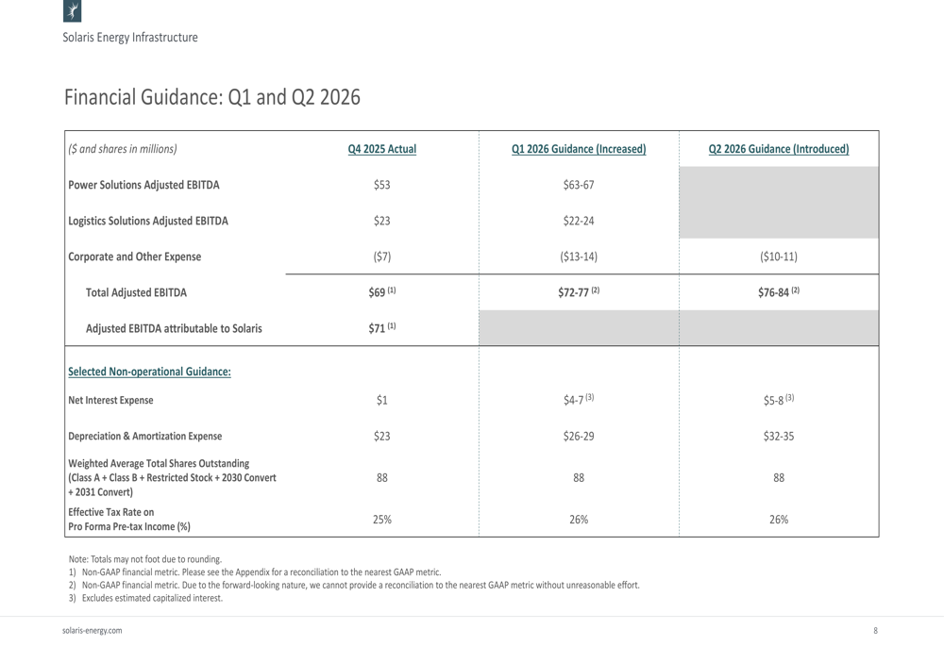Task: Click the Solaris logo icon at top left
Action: [x=73, y=10]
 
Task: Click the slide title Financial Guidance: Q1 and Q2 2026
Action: [x=212, y=97]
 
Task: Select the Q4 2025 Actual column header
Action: [x=381, y=149]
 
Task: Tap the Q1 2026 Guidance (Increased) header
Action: [x=579, y=149]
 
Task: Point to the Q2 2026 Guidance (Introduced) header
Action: [x=779, y=149]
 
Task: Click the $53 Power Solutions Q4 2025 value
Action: [x=381, y=185]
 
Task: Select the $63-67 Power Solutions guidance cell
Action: [x=579, y=185]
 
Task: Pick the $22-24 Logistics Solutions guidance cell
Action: [x=579, y=221]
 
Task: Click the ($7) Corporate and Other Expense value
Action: [x=381, y=257]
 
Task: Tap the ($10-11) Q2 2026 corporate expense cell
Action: [x=779, y=257]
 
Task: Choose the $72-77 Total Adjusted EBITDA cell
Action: [x=579, y=292]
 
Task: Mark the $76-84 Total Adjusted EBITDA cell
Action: [x=779, y=292]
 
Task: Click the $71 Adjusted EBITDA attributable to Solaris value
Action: [x=382, y=328]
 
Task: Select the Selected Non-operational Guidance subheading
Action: [x=149, y=372]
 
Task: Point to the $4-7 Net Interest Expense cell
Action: [x=579, y=400]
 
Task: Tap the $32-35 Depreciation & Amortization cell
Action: [x=779, y=436]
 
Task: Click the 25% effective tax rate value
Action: [x=381, y=519]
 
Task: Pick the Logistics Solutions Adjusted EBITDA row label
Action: [x=148, y=221]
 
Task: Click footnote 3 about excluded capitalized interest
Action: [x=145, y=598]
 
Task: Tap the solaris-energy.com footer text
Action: [x=93, y=630]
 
